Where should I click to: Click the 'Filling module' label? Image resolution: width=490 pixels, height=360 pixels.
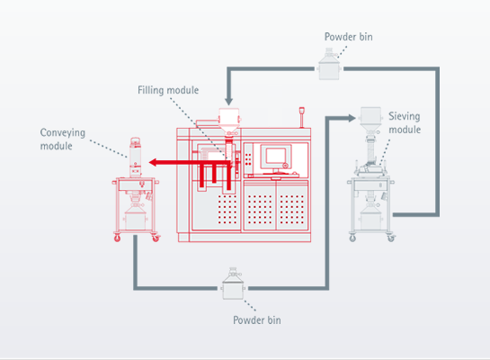pos(168,90)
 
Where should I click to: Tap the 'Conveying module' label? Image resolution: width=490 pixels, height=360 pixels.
pos(63,139)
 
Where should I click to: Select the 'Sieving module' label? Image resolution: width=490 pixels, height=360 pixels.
pos(405,122)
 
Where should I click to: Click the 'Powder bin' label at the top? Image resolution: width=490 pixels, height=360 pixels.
pos(349,37)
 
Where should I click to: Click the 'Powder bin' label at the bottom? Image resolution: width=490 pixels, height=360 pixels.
pos(257,320)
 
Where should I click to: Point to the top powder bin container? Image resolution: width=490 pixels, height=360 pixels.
pos(329,64)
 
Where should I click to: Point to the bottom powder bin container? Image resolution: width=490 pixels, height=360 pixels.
pos(233,284)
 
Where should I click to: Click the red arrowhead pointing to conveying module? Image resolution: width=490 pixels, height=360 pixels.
pos(153,162)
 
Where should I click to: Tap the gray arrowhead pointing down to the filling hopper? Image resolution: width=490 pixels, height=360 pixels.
pos(228,102)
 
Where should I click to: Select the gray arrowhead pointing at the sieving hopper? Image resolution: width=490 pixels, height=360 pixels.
pos(352,118)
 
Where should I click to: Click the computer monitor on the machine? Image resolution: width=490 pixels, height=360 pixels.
pos(275,157)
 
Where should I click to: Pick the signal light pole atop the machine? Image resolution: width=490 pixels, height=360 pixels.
pos(301,117)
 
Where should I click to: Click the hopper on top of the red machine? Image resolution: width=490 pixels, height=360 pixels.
pos(229,121)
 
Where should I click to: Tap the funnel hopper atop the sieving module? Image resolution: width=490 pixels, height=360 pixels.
pos(370,121)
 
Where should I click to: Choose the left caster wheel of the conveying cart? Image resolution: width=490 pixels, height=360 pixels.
pos(117,238)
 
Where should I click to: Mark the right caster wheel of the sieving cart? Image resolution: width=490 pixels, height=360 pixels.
pos(391,238)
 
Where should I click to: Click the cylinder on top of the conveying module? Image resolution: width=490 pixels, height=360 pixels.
pos(135,157)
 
